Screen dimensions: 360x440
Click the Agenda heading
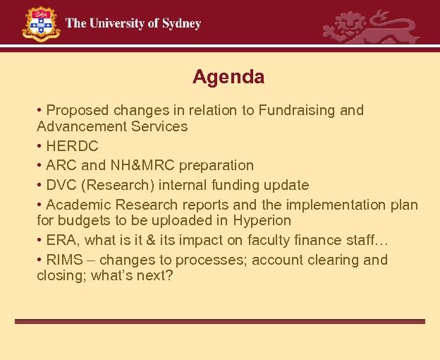228,76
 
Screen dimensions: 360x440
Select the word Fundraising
295,110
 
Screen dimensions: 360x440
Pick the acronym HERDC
72,147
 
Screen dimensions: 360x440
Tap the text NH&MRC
142,166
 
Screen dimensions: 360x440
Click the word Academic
78,205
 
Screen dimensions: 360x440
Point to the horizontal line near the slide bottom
220,321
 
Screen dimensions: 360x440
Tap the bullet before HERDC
40,147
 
